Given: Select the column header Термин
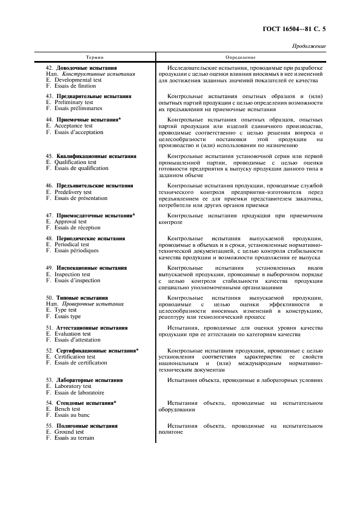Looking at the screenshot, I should pyautogui.click(x=95, y=57).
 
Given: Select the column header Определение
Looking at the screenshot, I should pyautogui.click(x=240, y=57).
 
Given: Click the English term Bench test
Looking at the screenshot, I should pyautogui.click(x=67, y=409).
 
